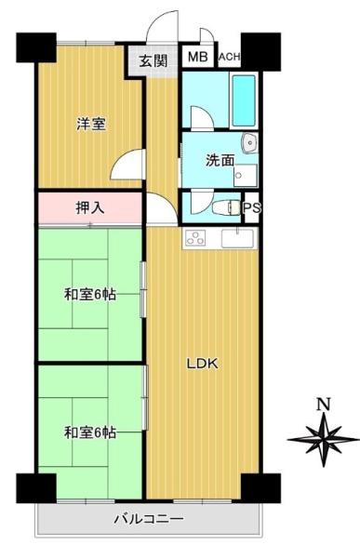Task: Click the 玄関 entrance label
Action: click(153, 60)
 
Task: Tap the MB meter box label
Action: click(198, 57)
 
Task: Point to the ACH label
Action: click(230, 57)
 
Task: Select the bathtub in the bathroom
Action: click(244, 100)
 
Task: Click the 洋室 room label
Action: click(91, 124)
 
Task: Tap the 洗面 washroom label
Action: click(220, 161)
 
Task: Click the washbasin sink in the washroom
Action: click(249, 143)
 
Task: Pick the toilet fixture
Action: click(226, 207)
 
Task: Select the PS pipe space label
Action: click(252, 207)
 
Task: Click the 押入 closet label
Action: click(90, 207)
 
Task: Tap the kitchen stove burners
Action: click(195, 238)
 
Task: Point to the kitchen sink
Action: click(237, 238)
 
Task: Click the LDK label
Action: click(203, 364)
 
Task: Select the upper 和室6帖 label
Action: click(90, 295)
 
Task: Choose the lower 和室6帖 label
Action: click(90, 432)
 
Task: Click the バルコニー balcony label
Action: click(149, 519)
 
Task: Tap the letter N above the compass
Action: click(324, 405)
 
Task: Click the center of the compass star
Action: click(324, 440)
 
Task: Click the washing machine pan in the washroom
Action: click(246, 176)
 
